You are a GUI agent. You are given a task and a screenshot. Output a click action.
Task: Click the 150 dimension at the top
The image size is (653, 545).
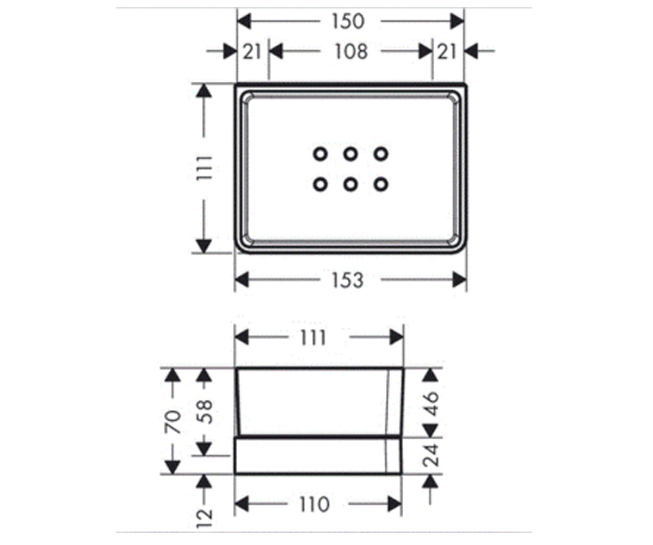pos(348,22)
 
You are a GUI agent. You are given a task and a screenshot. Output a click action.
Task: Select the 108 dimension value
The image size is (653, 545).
pos(351,52)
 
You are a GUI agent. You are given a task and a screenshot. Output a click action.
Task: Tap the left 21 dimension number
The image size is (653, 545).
pos(252,52)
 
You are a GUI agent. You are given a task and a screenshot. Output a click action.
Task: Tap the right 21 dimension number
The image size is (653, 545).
pos(447,52)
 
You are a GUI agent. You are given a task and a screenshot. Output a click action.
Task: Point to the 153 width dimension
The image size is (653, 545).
pos(348,280)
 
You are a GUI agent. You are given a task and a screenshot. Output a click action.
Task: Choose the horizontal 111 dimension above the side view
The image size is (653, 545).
pos(313,338)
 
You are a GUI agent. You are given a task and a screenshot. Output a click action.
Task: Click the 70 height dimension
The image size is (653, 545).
pos(173,422)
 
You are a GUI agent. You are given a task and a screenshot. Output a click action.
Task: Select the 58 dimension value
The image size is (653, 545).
pos(205,412)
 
